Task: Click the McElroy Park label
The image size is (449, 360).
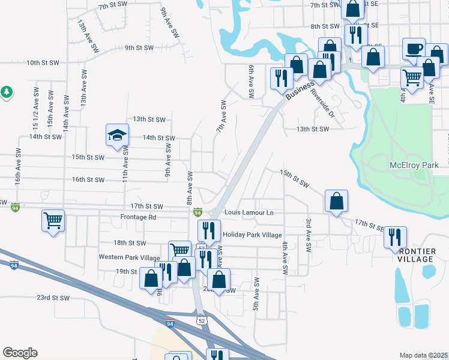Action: (x=414, y=165)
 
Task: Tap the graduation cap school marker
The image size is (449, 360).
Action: (x=118, y=135)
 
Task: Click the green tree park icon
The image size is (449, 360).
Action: (x=7, y=92)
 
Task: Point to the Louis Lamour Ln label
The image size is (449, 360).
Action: (x=249, y=212)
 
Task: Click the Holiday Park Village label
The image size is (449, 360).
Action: (x=252, y=235)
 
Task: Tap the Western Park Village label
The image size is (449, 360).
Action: (x=130, y=257)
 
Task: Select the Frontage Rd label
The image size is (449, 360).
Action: (x=138, y=217)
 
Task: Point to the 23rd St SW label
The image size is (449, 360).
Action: (x=53, y=298)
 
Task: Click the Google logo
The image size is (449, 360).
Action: (x=20, y=353)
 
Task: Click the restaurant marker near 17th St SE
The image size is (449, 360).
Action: (x=395, y=237)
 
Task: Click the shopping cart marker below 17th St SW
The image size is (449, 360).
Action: (x=53, y=220)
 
